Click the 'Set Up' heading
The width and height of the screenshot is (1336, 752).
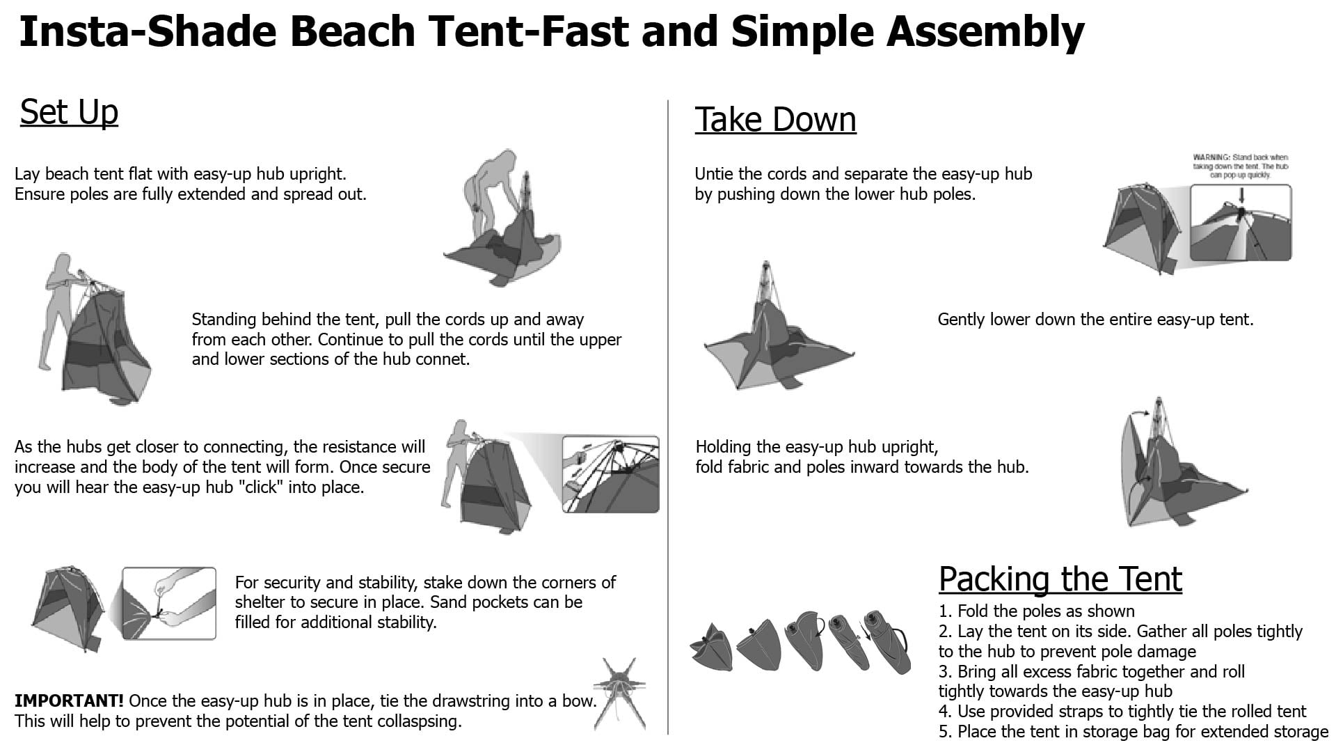pos(69,112)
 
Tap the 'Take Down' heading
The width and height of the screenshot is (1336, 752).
pos(775,119)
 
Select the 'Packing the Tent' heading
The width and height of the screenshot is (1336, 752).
pos(1060,579)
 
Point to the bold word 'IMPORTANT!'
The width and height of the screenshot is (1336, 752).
pos(69,700)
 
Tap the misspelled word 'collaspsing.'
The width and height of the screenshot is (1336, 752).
pos(420,721)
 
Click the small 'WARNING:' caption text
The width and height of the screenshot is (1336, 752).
pos(1211,158)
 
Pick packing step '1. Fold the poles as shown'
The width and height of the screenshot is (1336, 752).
pos(1037,611)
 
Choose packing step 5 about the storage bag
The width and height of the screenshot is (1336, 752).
pos(1134,732)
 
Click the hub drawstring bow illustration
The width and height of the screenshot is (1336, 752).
pos(619,693)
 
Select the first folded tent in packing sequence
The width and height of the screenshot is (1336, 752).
pos(711,648)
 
